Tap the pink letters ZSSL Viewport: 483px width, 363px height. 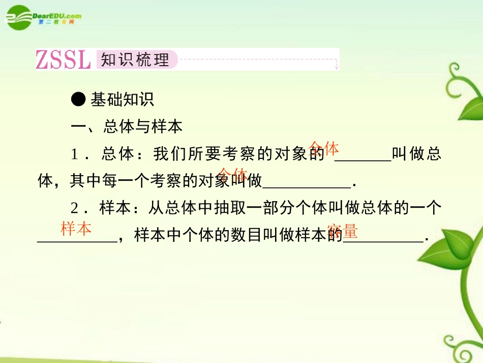click(x=64, y=60)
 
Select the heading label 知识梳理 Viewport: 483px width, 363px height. click(x=135, y=60)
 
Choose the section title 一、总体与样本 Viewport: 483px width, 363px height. click(x=127, y=127)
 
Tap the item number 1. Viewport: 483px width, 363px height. click(x=74, y=154)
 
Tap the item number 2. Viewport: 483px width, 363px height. click(x=74, y=208)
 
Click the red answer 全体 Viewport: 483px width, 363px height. click(x=324, y=148)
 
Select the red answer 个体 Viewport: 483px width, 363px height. click(x=233, y=174)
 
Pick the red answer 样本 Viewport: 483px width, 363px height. click(x=76, y=229)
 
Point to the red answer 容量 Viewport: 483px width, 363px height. click(x=343, y=232)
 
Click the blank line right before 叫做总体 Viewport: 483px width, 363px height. click(x=363, y=160)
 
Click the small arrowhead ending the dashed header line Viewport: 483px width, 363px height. click(x=336, y=66)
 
